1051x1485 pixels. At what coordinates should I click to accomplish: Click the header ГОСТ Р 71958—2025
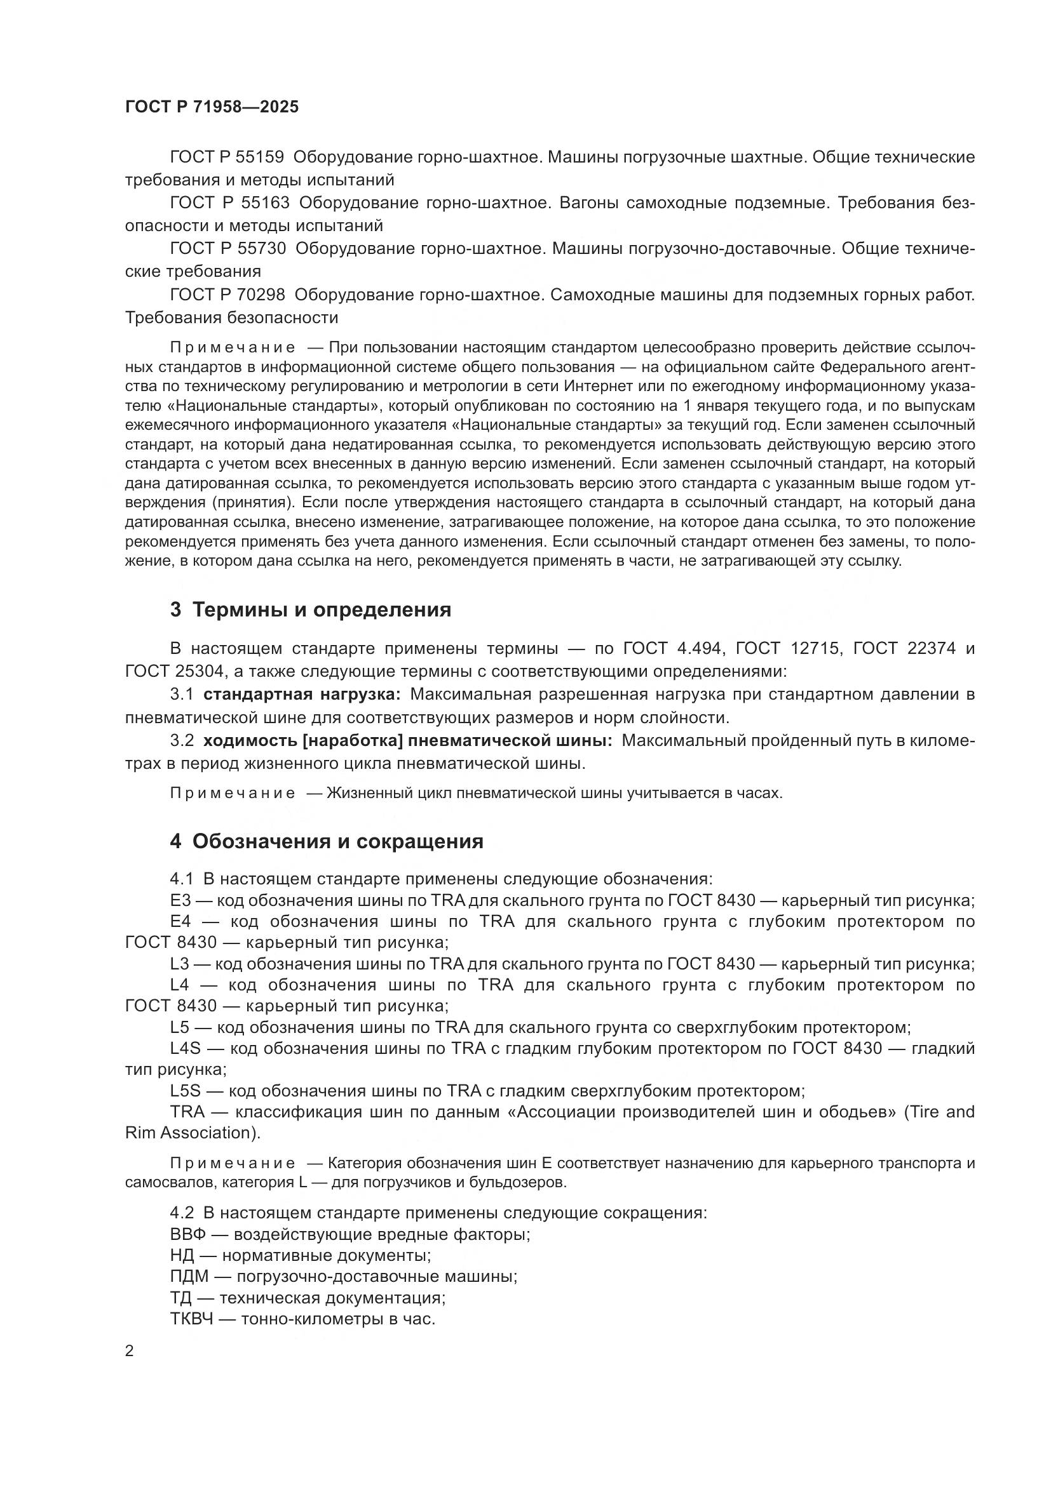[x=212, y=107]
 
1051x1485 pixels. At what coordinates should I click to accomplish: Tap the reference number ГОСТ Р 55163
[x=229, y=203]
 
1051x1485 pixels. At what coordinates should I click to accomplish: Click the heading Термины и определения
[x=322, y=609]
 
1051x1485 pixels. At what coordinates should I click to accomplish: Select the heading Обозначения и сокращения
[x=337, y=841]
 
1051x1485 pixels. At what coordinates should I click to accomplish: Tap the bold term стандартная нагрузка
[x=302, y=694]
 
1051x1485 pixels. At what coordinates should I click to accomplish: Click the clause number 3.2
[x=182, y=740]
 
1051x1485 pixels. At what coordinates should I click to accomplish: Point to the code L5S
[x=186, y=1091]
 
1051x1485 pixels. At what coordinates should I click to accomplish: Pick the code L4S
[x=186, y=1048]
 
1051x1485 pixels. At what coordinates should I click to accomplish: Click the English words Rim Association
[x=187, y=1133]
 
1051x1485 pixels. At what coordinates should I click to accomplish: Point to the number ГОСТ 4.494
[x=672, y=648]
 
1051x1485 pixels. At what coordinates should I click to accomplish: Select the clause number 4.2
[x=182, y=1213]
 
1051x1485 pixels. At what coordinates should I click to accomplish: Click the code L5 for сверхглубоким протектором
[x=179, y=1027]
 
